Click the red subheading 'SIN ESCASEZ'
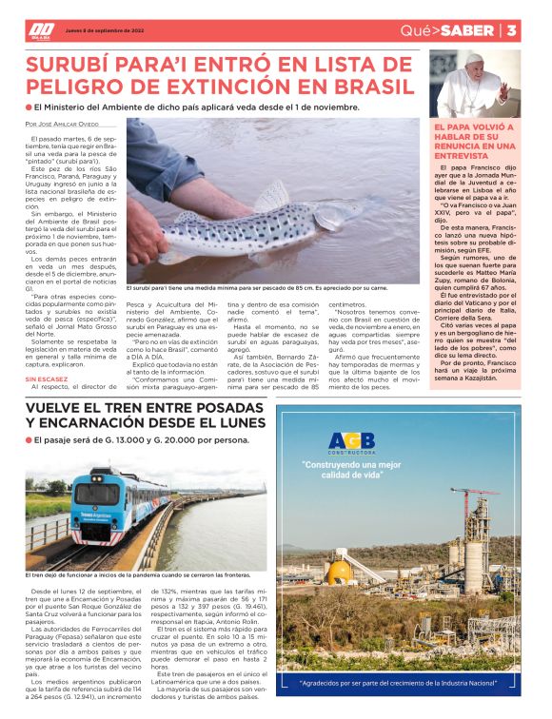[46, 378]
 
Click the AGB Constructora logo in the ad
[352, 443]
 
